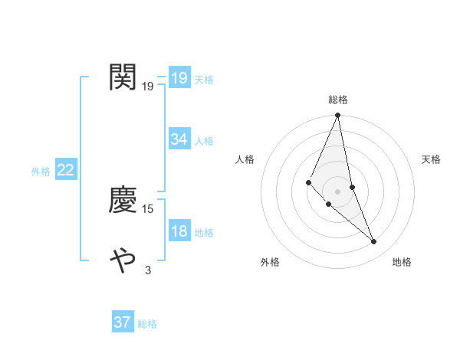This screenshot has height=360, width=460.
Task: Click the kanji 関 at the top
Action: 123,77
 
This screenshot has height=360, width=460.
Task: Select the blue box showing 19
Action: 179,77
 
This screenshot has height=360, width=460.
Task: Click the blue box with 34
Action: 179,139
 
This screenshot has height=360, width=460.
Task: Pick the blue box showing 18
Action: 179,231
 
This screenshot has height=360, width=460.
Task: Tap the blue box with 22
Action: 65,170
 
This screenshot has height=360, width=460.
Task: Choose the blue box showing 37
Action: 122,322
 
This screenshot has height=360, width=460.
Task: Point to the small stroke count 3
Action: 148,270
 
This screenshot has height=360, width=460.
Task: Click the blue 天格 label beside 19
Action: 204,80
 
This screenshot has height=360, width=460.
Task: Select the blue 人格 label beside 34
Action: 204,141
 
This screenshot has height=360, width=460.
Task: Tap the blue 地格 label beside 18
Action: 204,233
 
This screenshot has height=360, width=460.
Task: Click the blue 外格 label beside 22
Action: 41,172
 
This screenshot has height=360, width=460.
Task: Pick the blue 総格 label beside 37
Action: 147,325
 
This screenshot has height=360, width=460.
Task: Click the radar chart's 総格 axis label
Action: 337,100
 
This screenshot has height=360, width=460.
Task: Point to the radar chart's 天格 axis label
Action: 432,159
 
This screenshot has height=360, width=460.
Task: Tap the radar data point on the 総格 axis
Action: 337,116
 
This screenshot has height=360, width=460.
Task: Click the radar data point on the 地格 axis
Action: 374,241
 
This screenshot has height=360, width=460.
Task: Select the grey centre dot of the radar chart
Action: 337,191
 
